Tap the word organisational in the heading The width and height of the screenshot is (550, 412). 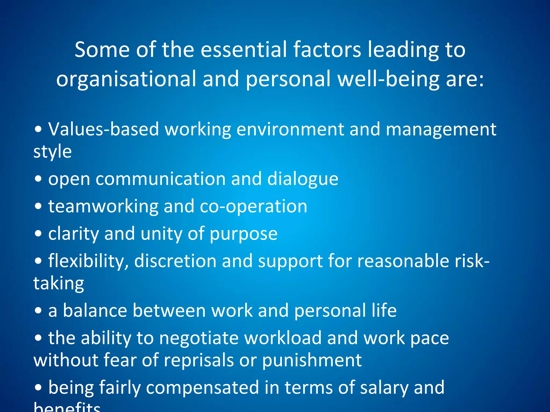[x=126, y=79]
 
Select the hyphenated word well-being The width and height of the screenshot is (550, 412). [x=388, y=79]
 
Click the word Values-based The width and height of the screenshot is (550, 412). [x=103, y=129]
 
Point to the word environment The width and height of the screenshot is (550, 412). [x=290, y=129]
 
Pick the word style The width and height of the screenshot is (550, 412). [x=53, y=152]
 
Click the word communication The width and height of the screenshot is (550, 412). [x=160, y=179]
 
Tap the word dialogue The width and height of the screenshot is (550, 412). [x=303, y=179]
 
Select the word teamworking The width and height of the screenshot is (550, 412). [x=103, y=207]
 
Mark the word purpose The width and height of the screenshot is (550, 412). [x=243, y=234]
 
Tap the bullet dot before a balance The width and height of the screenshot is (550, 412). [x=38, y=311]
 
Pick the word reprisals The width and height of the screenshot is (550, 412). [x=199, y=360]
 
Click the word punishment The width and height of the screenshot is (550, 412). [x=312, y=360]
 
